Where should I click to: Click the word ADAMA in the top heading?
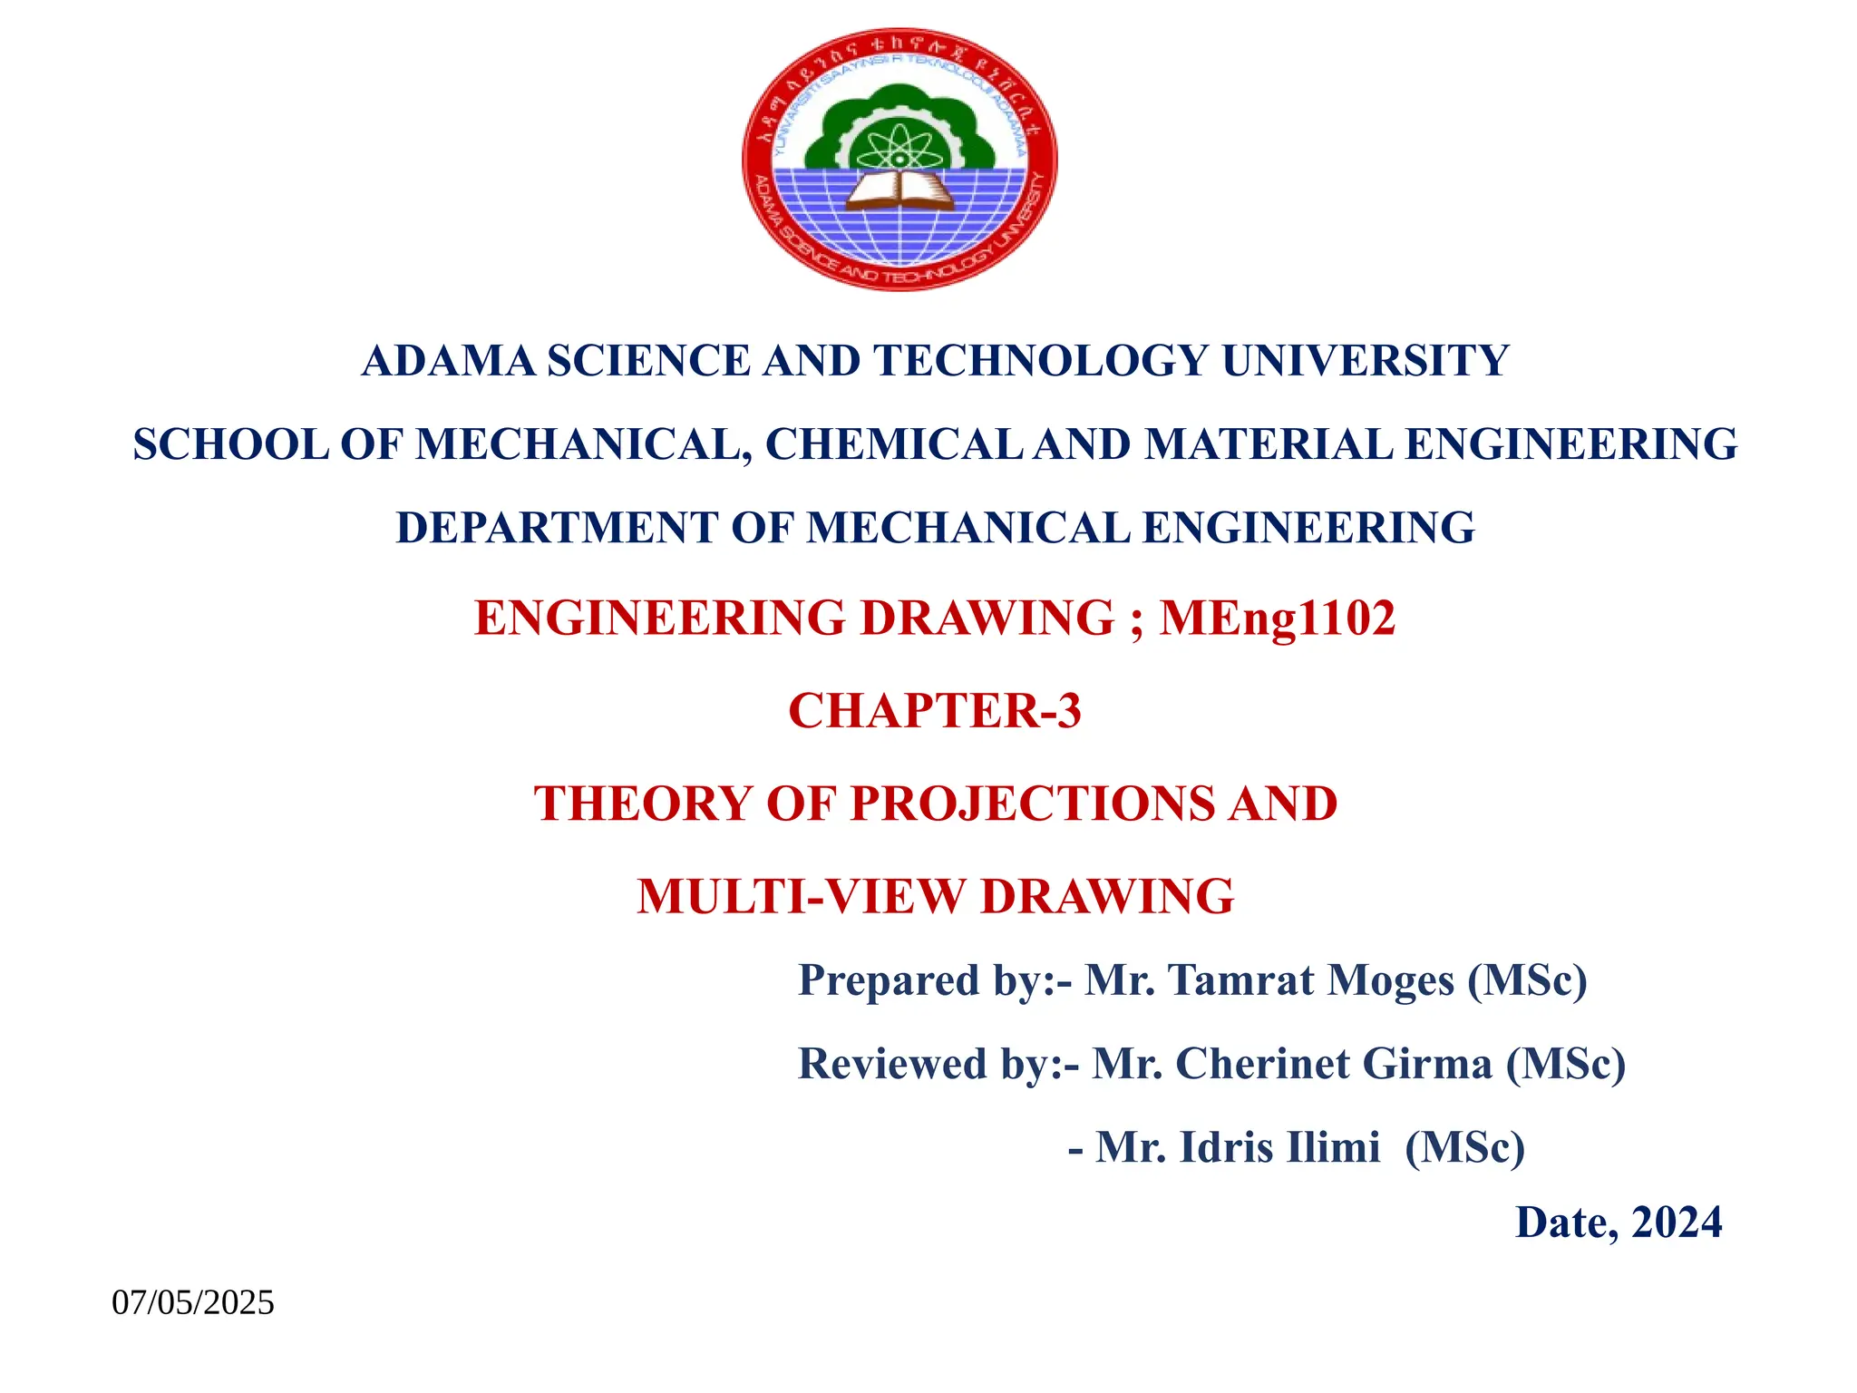pos(449,361)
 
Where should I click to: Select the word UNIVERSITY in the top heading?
pos(1365,361)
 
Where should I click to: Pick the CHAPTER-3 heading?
pos(935,710)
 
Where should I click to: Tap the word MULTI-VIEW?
pos(802,896)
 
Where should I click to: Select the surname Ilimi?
pos(1335,1147)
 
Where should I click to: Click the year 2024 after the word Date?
pos(1677,1223)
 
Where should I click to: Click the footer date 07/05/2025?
pos(193,1303)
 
